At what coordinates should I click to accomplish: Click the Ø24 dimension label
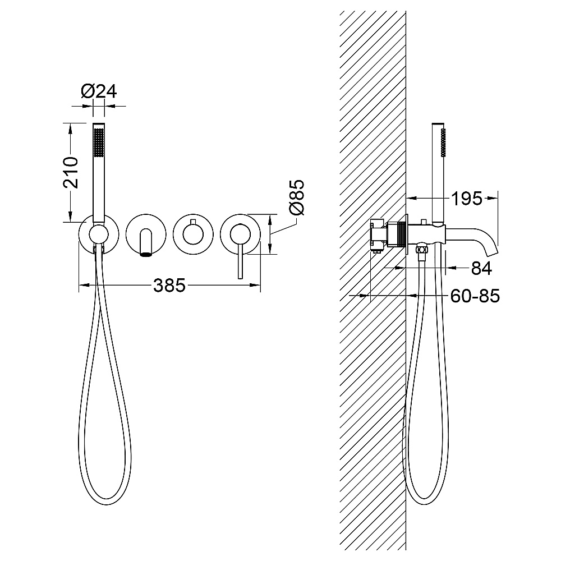(99, 91)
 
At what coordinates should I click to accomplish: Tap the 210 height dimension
(71, 172)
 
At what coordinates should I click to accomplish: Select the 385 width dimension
(169, 285)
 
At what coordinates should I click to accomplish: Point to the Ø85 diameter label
(297, 197)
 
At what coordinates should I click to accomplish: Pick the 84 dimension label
(481, 268)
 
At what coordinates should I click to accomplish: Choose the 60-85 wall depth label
(475, 296)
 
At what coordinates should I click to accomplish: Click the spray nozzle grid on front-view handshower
(99, 142)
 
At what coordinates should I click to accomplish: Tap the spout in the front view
(146, 243)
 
